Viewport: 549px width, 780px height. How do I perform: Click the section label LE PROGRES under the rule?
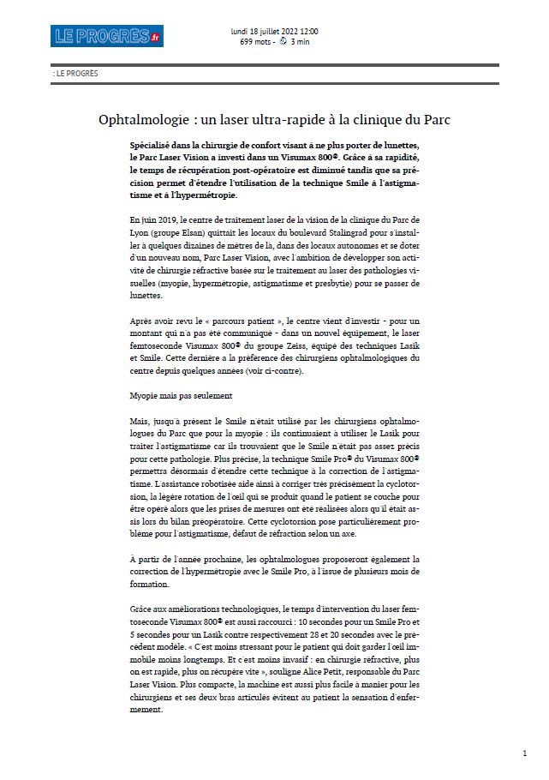pyautogui.click(x=76, y=74)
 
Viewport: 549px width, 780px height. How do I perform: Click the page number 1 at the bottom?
pyautogui.click(x=523, y=753)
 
